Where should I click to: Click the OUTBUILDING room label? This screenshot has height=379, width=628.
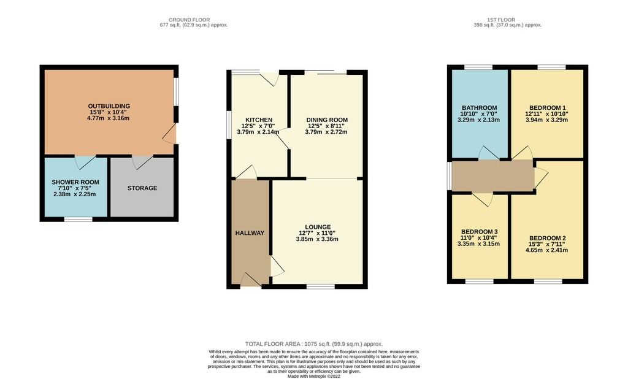coord(109,106)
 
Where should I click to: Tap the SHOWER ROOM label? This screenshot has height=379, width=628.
coord(75,182)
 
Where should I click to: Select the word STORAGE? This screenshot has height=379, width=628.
coord(142,188)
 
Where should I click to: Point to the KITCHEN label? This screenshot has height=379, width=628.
coord(259,120)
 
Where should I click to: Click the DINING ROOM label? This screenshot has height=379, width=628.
coord(327,120)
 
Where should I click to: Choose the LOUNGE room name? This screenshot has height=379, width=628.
coord(318,227)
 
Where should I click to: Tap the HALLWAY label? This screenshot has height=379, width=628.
coord(250,233)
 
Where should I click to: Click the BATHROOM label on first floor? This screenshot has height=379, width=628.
coord(480,108)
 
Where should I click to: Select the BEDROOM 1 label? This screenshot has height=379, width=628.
coord(548,108)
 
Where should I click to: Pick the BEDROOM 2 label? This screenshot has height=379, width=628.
coord(548,238)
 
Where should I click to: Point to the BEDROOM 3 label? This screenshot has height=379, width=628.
coord(480,232)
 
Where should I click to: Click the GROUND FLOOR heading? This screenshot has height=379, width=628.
coord(189,20)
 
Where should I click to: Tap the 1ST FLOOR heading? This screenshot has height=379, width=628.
coord(501,20)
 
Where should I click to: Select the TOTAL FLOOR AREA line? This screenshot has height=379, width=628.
coord(314,344)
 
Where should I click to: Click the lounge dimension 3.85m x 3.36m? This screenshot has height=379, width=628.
coord(317,239)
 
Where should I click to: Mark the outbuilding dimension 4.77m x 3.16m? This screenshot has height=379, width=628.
coord(108,118)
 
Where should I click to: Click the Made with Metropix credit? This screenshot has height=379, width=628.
coord(314,376)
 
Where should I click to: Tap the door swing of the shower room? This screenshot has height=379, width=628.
coord(85,163)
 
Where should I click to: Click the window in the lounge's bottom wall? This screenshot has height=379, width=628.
coord(321,286)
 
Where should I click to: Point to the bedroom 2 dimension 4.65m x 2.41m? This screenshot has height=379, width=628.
coord(546,250)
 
